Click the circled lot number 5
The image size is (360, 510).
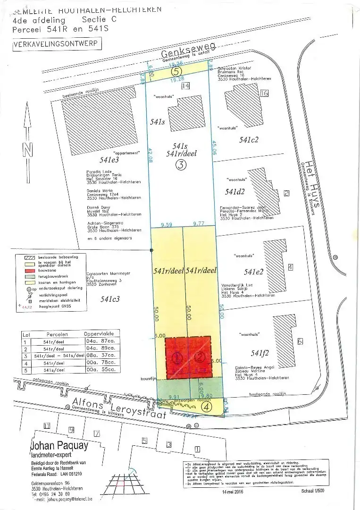[176, 72]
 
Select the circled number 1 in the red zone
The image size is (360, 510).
[178, 358]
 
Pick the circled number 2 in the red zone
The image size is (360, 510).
[200, 357]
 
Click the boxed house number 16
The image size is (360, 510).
[264, 93]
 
